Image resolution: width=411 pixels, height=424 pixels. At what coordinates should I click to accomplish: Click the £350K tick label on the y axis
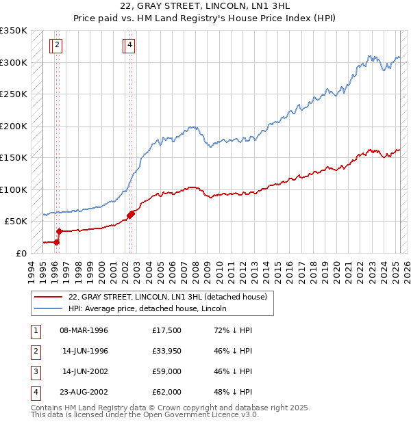coord(14,31)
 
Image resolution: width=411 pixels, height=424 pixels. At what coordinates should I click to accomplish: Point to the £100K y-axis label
coord(14,189)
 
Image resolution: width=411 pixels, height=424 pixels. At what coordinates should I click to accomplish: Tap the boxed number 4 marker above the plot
coord(129,46)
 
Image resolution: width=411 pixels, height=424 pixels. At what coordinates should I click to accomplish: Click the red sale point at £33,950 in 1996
coord(59,231)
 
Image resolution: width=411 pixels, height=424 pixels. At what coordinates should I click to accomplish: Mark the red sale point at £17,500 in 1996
coord(57,241)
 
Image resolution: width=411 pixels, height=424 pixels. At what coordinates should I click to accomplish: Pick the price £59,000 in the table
coord(167,372)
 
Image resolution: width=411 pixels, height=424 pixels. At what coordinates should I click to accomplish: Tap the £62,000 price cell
coord(167,392)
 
